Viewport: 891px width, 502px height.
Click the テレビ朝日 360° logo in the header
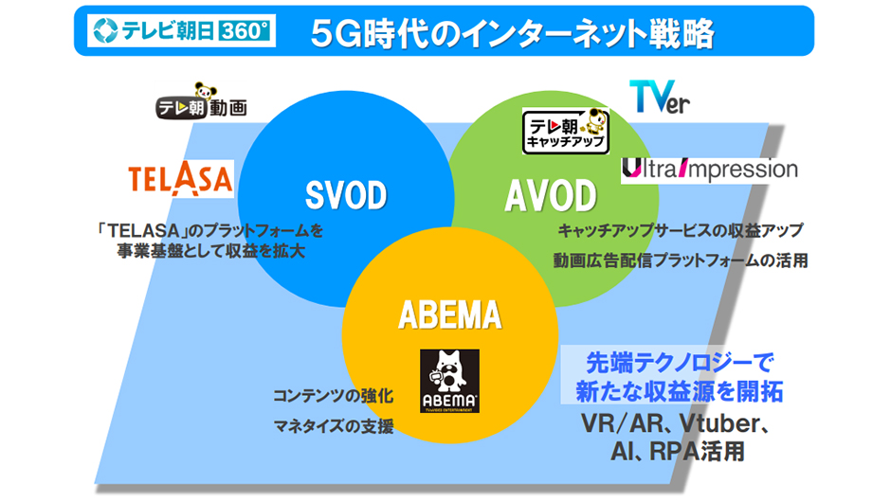point(180,32)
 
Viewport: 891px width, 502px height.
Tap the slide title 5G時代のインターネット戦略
point(513,33)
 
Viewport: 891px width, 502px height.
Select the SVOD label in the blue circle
point(346,196)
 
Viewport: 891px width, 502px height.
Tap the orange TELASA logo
point(180,179)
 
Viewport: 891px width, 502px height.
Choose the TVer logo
point(660,97)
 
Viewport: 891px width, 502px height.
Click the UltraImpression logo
point(709,170)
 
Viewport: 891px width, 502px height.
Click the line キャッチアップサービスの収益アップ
point(680,230)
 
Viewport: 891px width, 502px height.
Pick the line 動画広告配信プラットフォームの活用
point(681,260)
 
